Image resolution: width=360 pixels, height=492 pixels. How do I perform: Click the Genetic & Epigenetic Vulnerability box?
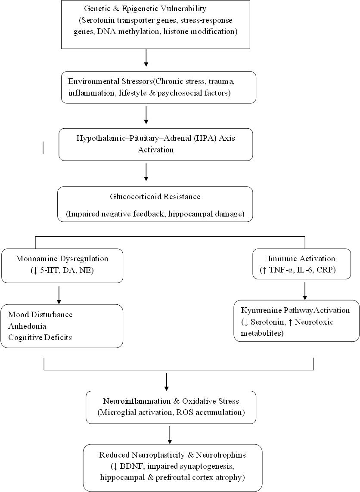(x=155, y=24)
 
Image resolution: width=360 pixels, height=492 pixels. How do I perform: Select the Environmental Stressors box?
(x=158, y=87)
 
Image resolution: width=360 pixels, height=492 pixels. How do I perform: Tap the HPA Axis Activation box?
(x=155, y=144)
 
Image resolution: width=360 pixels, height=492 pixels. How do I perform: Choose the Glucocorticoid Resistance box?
(x=155, y=204)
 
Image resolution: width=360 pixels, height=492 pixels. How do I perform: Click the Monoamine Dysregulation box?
(x=62, y=266)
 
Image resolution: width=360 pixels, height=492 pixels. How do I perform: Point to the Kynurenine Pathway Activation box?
(x=296, y=321)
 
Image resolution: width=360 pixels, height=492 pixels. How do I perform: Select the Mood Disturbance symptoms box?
(x=62, y=326)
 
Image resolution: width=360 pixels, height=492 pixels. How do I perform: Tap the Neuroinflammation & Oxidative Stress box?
(x=171, y=407)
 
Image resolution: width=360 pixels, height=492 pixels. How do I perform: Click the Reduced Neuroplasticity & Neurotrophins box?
(x=173, y=467)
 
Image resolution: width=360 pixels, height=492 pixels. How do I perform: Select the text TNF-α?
(x=276, y=270)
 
